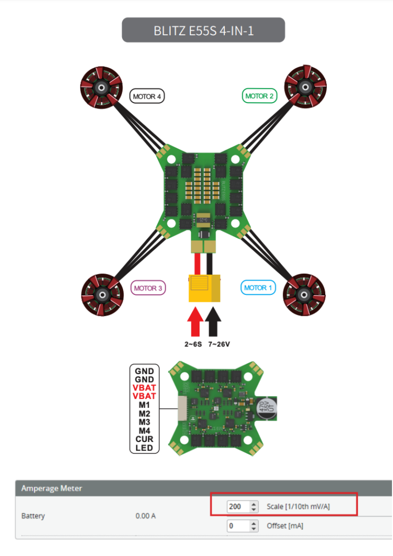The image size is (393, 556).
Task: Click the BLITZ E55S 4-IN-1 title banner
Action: [x=203, y=30]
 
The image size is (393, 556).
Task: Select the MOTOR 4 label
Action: [x=147, y=97]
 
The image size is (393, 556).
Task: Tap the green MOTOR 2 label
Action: [x=260, y=96]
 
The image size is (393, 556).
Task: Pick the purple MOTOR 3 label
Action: [x=148, y=288]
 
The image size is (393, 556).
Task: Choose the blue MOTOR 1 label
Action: [x=259, y=288]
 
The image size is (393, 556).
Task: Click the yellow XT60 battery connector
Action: [x=205, y=288]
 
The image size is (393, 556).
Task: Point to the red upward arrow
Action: [x=195, y=321]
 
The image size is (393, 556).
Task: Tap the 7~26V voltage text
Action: [x=219, y=344]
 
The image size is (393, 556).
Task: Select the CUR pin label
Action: [x=144, y=439]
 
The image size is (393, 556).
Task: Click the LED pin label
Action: [x=144, y=448]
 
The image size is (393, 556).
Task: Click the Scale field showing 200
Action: [x=239, y=507]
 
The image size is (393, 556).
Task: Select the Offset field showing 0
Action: [x=239, y=526]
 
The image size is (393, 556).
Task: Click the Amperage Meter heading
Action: [x=51, y=488]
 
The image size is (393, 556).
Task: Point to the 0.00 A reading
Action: [x=145, y=516]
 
